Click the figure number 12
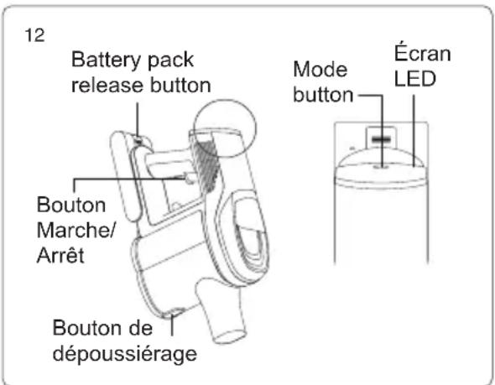point(34,35)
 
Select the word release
point(107,86)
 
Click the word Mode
point(320,69)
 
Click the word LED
point(414,79)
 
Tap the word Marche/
point(76,230)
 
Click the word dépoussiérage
point(125,354)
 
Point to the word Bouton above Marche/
point(71,205)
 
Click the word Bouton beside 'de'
point(86,328)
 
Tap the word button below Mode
point(323,94)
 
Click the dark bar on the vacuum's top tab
point(382,139)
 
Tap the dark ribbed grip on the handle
point(206,166)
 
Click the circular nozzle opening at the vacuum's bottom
point(230,336)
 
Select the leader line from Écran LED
point(414,130)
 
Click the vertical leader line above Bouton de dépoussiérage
point(172,325)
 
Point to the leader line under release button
point(138,120)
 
